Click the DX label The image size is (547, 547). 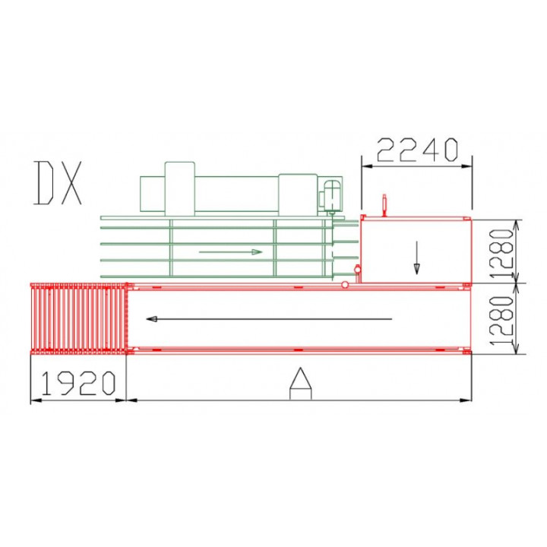(58, 183)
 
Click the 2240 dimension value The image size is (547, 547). (417, 150)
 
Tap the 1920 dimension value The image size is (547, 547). (78, 383)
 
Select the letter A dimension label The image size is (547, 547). (301, 383)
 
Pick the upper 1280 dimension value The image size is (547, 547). (502, 253)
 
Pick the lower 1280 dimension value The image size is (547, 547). (502, 321)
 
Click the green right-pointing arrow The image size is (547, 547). (231, 252)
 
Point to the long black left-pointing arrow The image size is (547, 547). (269, 319)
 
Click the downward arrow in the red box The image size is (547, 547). (416, 258)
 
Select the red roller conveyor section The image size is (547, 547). (78, 319)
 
